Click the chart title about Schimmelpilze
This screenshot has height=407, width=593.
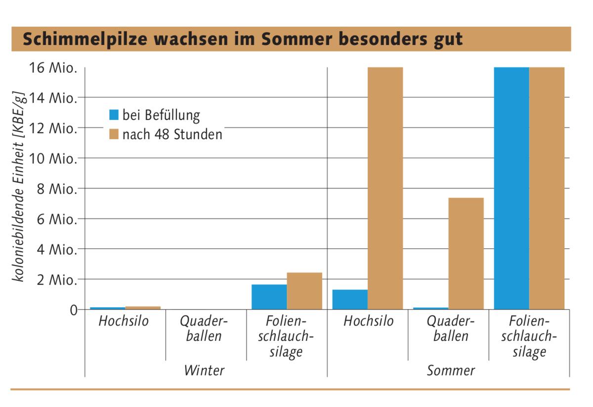click(242, 39)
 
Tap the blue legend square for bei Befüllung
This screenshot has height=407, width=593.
click(114, 115)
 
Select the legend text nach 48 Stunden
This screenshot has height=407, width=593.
click(172, 134)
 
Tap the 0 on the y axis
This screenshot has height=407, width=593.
click(74, 310)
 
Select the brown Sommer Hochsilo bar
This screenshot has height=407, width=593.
click(385, 188)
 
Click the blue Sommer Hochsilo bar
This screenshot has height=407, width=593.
click(350, 299)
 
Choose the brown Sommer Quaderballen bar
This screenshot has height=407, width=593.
click(466, 253)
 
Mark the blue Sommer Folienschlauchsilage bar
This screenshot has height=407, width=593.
click(511, 188)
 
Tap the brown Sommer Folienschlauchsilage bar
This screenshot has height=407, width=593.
click(547, 188)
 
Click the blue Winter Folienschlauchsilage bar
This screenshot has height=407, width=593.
click(269, 297)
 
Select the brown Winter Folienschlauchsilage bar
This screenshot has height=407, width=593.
click(304, 291)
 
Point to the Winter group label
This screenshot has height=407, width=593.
click(204, 370)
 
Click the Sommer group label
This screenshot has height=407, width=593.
click(451, 370)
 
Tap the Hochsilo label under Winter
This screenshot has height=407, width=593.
click(124, 321)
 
